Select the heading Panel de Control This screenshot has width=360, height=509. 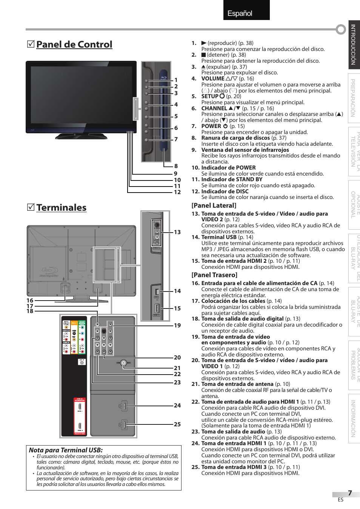click(x=74, y=45)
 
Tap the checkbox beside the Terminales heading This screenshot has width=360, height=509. click(x=31, y=207)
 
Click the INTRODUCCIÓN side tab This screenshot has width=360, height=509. click(x=354, y=45)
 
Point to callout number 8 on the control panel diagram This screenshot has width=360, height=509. click(x=176, y=166)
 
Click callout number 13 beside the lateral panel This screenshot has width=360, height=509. click(x=177, y=232)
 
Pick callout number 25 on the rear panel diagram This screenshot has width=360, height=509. click(x=177, y=424)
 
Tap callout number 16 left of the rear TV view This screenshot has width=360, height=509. click(x=30, y=301)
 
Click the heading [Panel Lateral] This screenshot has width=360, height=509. click(x=214, y=205)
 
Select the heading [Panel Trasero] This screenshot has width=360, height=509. click(x=214, y=275)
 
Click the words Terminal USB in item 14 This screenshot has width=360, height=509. click(x=219, y=237)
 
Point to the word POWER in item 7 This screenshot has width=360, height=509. click(x=211, y=126)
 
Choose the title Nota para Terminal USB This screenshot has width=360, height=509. click(x=66, y=450)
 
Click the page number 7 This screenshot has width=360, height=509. click(x=350, y=493)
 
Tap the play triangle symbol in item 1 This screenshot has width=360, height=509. click(x=204, y=43)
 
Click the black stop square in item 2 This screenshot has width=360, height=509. click(x=203, y=55)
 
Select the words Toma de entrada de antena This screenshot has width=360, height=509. click(x=237, y=384)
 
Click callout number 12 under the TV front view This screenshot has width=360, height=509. click(x=177, y=192)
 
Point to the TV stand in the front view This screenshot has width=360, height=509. click(x=81, y=136)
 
